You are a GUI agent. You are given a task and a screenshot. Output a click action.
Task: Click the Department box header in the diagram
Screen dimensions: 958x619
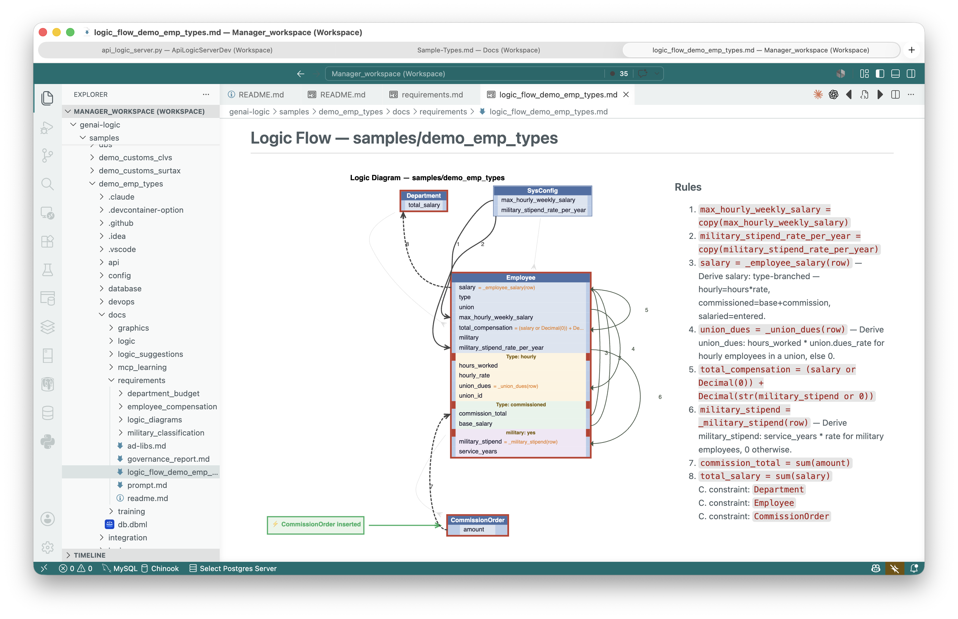(x=423, y=195)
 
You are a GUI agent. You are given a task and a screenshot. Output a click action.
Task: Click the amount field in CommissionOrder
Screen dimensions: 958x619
(x=474, y=529)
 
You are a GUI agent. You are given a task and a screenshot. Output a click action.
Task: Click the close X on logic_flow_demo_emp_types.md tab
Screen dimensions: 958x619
(x=625, y=94)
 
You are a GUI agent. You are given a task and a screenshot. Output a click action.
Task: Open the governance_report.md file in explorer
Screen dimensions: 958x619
(x=168, y=459)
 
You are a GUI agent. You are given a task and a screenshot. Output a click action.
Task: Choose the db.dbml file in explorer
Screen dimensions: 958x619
(x=132, y=525)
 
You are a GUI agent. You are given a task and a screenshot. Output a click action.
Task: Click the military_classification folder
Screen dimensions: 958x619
(x=166, y=433)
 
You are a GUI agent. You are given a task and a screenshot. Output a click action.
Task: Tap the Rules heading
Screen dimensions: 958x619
(x=688, y=187)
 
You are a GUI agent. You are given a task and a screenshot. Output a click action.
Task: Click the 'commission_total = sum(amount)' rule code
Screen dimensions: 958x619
(x=775, y=463)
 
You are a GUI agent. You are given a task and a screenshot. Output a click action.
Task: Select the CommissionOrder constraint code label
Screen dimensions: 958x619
(x=791, y=517)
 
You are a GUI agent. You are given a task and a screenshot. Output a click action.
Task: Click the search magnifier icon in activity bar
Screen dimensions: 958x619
(x=47, y=184)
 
